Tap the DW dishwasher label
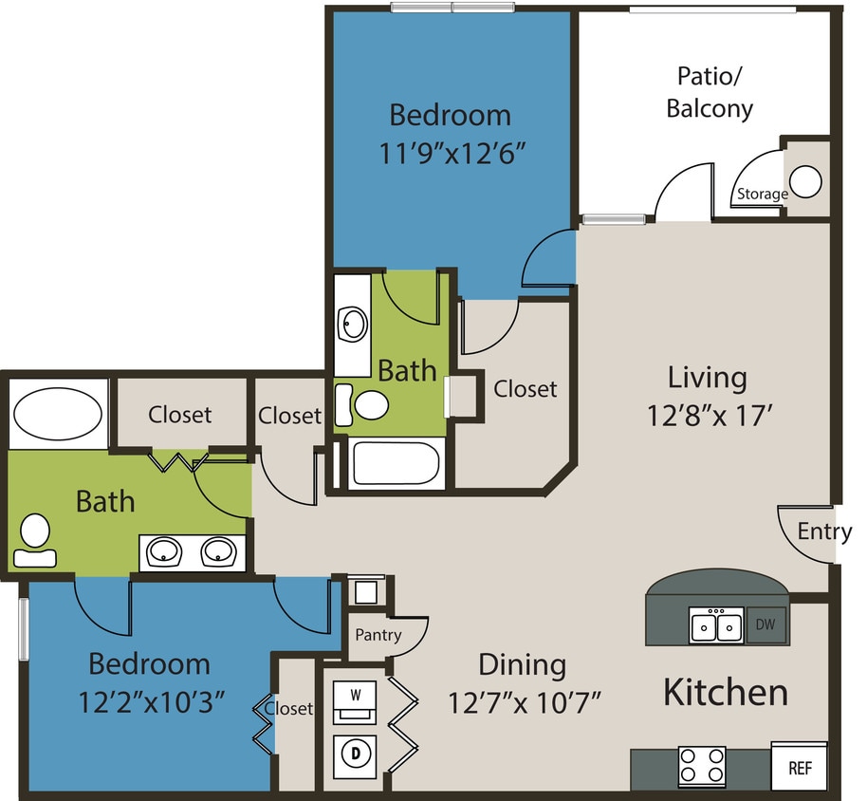tap(766, 625)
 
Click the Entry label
tap(823, 531)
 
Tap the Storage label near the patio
tap(763, 195)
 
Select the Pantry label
tap(378, 635)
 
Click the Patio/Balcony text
tap(710, 92)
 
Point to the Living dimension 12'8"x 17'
tap(707, 415)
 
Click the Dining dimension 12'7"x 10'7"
tap(525, 703)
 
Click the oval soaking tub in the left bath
tap(60, 415)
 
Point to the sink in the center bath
tap(354, 324)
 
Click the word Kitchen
tap(725, 692)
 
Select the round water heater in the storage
tap(806, 181)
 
